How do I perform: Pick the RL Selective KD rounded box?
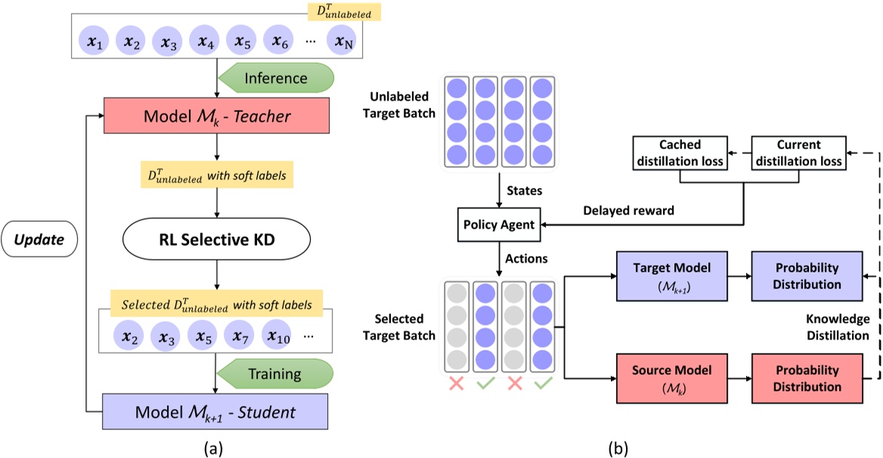[x=216, y=241]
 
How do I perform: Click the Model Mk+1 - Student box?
[x=216, y=413]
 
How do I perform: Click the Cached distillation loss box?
[x=680, y=154]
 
